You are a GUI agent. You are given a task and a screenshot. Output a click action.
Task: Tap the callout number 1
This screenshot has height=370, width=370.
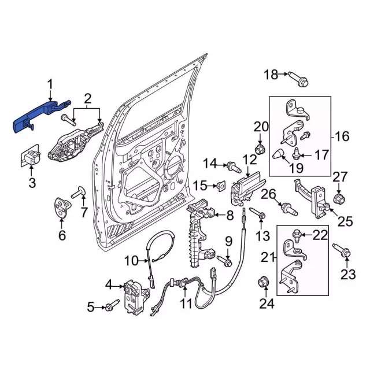[50, 85]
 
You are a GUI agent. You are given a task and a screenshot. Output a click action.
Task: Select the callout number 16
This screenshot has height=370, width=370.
[342, 136]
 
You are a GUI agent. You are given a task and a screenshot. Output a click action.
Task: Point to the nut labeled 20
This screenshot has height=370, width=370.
[260, 151]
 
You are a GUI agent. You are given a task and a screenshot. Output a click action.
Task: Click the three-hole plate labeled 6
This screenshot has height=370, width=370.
[61, 209]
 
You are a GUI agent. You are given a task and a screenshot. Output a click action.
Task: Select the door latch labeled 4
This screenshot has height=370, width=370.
[134, 294]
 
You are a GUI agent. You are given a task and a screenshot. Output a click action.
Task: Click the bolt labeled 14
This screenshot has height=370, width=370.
[233, 166]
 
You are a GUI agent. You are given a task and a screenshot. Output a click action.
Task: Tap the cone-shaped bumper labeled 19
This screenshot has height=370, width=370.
[279, 154]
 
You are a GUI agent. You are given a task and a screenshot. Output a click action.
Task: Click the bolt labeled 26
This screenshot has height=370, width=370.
[285, 206]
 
